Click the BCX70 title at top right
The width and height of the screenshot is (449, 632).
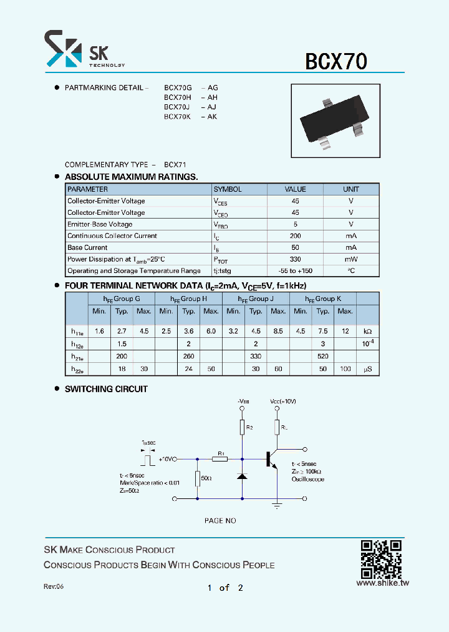coord(336,61)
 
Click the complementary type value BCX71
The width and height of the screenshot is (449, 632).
coord(175,164)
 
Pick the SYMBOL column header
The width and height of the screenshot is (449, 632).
coord(228,189)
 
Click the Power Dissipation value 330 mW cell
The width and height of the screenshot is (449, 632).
coord(295,259)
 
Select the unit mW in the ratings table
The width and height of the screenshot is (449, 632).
coord(350,259)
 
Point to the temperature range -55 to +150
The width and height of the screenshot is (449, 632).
coord(295,271)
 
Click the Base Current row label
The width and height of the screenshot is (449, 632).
coord(87,248)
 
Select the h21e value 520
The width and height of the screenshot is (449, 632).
coord(323,356)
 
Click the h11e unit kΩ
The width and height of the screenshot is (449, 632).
coord(367,331)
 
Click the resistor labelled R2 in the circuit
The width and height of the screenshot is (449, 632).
coord(243,428)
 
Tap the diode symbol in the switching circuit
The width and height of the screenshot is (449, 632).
coord(243,476)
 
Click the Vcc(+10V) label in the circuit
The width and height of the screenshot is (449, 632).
coord(284,400)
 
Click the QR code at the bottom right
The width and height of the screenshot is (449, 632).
coord(380,558)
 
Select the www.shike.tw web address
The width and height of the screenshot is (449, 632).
coord(382,583)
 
